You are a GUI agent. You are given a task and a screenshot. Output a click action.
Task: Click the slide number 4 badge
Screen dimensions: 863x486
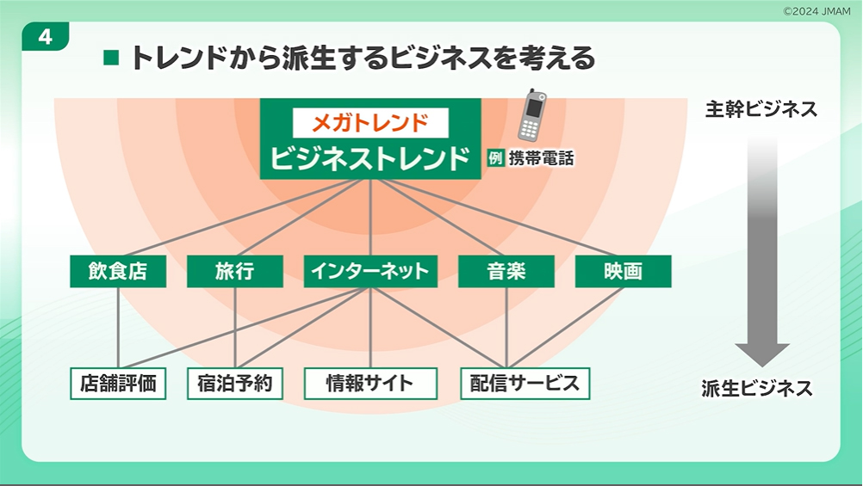pos(45,37)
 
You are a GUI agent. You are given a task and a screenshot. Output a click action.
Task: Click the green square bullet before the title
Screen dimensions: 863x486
pos(111,58)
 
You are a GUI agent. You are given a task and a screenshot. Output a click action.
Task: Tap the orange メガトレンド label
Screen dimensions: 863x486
pos(370,123)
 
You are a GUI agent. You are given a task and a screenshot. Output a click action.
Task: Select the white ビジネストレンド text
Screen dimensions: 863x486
pos(369,157)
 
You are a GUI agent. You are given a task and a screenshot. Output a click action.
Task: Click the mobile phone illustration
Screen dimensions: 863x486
pos(531,114)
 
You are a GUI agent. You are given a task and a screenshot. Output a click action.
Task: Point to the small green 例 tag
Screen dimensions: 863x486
pos(494,158)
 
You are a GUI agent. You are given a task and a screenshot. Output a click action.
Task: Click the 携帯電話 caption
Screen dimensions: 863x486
pos(541,158)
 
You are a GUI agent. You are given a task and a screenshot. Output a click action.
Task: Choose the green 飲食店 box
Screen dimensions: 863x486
pos(118,271)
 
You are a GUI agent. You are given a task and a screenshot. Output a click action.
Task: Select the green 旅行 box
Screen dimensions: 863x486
pos(235,271)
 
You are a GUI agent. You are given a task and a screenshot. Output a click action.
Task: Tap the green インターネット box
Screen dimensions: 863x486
pos(370,271)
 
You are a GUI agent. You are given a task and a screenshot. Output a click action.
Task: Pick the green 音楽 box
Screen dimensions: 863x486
pos(506,271)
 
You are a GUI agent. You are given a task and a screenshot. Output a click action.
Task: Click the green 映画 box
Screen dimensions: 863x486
pos(623,271)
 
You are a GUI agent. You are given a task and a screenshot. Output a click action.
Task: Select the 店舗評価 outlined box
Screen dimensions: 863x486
pos(118,383)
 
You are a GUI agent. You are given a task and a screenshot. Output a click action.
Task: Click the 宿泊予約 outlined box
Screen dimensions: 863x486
pos(235,383)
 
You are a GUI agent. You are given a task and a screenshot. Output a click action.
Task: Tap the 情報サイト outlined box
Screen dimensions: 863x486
pos(370,383)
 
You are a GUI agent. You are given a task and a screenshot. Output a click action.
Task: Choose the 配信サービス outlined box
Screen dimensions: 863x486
pos(525,383)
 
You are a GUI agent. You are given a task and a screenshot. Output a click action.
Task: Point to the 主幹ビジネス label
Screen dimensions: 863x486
pos(761,109)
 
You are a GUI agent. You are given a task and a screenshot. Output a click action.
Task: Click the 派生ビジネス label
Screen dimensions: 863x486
pos(757,388)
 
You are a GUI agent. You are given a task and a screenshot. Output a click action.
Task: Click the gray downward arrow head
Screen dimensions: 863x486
pos(762,354)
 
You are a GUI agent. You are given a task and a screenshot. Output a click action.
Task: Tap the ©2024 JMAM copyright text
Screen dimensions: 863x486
pos(816,11)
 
